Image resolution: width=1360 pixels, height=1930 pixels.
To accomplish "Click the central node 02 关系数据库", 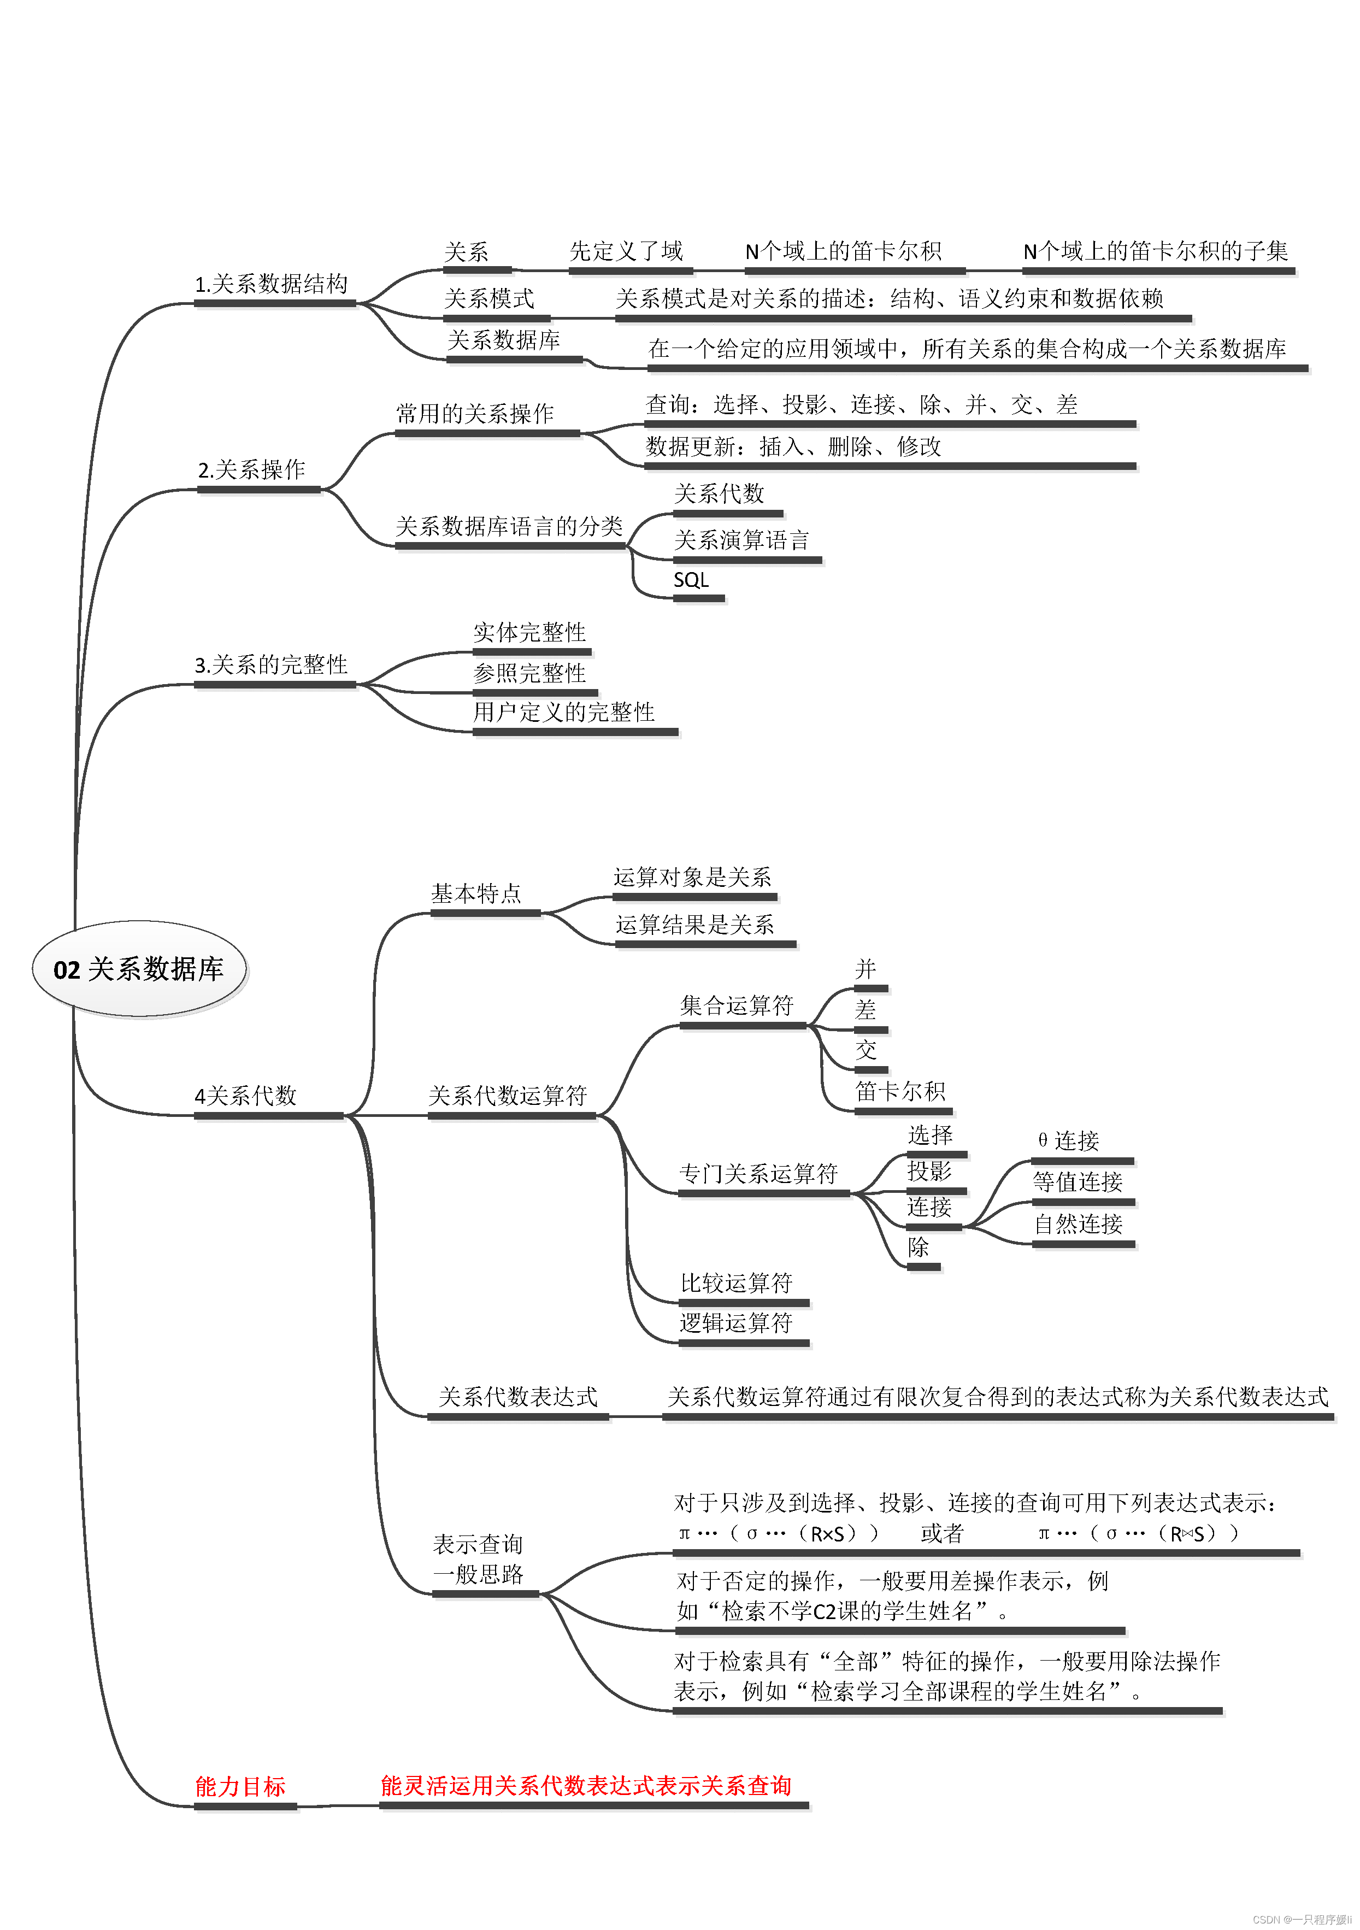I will click(x=139, y=969).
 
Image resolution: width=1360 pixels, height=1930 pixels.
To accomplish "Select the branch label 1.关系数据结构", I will click(x=272, y=284).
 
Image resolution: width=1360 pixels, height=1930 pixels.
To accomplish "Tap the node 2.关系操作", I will click(x=252, y=470).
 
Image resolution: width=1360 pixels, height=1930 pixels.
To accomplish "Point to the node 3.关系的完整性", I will click(x=272, y=665).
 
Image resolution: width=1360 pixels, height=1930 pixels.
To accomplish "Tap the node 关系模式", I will click(x=489, y=298).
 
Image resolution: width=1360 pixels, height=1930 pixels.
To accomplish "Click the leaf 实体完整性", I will click(x=529, y=632).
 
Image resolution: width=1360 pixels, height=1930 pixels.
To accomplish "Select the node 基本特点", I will click(x=476, y=893).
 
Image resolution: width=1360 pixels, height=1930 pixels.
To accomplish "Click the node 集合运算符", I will click(x=737, y=1005).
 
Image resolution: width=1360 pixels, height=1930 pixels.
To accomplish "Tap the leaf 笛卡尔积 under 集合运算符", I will click(x=900, y=1092).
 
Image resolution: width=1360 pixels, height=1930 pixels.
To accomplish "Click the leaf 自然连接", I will click(x=1079, y=1224).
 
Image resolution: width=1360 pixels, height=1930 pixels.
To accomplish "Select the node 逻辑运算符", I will click(x=737, y=1323).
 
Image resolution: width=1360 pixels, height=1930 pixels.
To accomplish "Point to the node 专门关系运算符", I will click(x=758, y=1174).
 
